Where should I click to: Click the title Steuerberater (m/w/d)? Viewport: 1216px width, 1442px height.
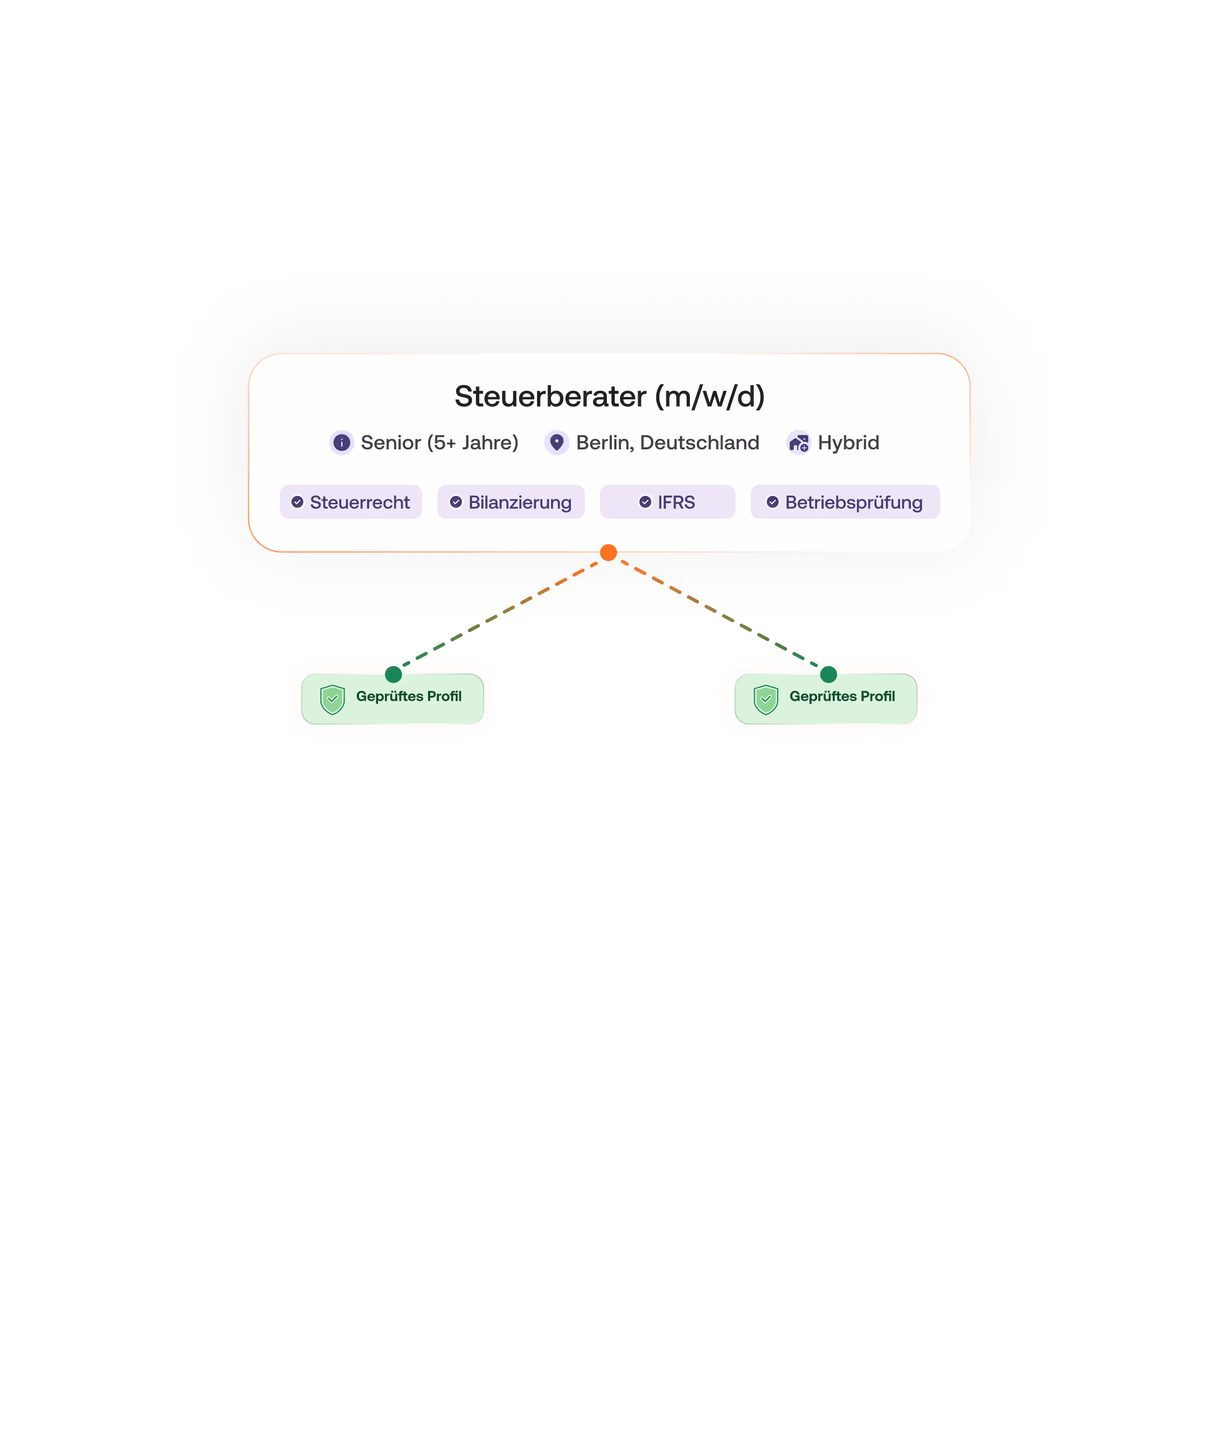610,396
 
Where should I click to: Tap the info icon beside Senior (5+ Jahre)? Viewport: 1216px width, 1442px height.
341,443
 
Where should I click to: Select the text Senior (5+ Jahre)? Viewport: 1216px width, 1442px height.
439,443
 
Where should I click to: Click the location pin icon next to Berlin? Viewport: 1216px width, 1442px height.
556,442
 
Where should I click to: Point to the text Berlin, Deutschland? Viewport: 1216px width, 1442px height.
667,443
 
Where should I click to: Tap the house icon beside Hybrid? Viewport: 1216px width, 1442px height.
798,443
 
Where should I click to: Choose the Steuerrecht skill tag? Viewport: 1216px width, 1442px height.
351,502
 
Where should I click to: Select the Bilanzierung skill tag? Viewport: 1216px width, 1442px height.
511,502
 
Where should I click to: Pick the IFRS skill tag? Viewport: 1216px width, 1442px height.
667,502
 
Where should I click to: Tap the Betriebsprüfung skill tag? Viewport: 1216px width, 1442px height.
845,502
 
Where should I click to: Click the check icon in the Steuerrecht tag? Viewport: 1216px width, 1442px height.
297,502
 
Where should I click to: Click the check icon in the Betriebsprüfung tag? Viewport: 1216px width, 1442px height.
773,502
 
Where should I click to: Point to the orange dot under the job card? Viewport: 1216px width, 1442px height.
608,553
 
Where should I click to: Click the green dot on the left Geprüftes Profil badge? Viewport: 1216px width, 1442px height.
394,674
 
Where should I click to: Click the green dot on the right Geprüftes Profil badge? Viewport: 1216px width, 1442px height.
828,674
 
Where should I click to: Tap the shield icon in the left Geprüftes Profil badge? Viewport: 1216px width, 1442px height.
332,699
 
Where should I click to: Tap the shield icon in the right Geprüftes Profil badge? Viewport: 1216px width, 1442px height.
766,699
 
